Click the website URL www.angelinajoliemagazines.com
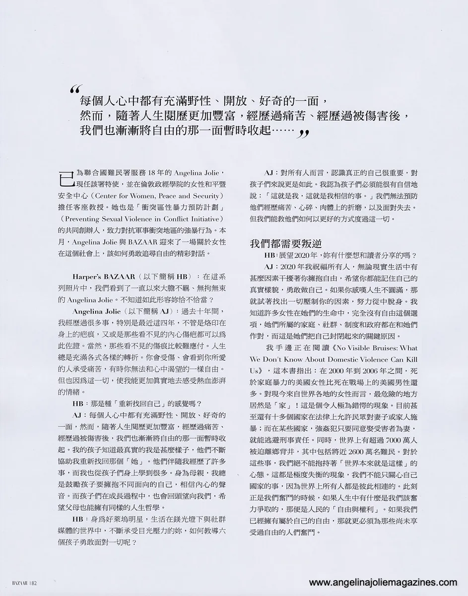(383, 583)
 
